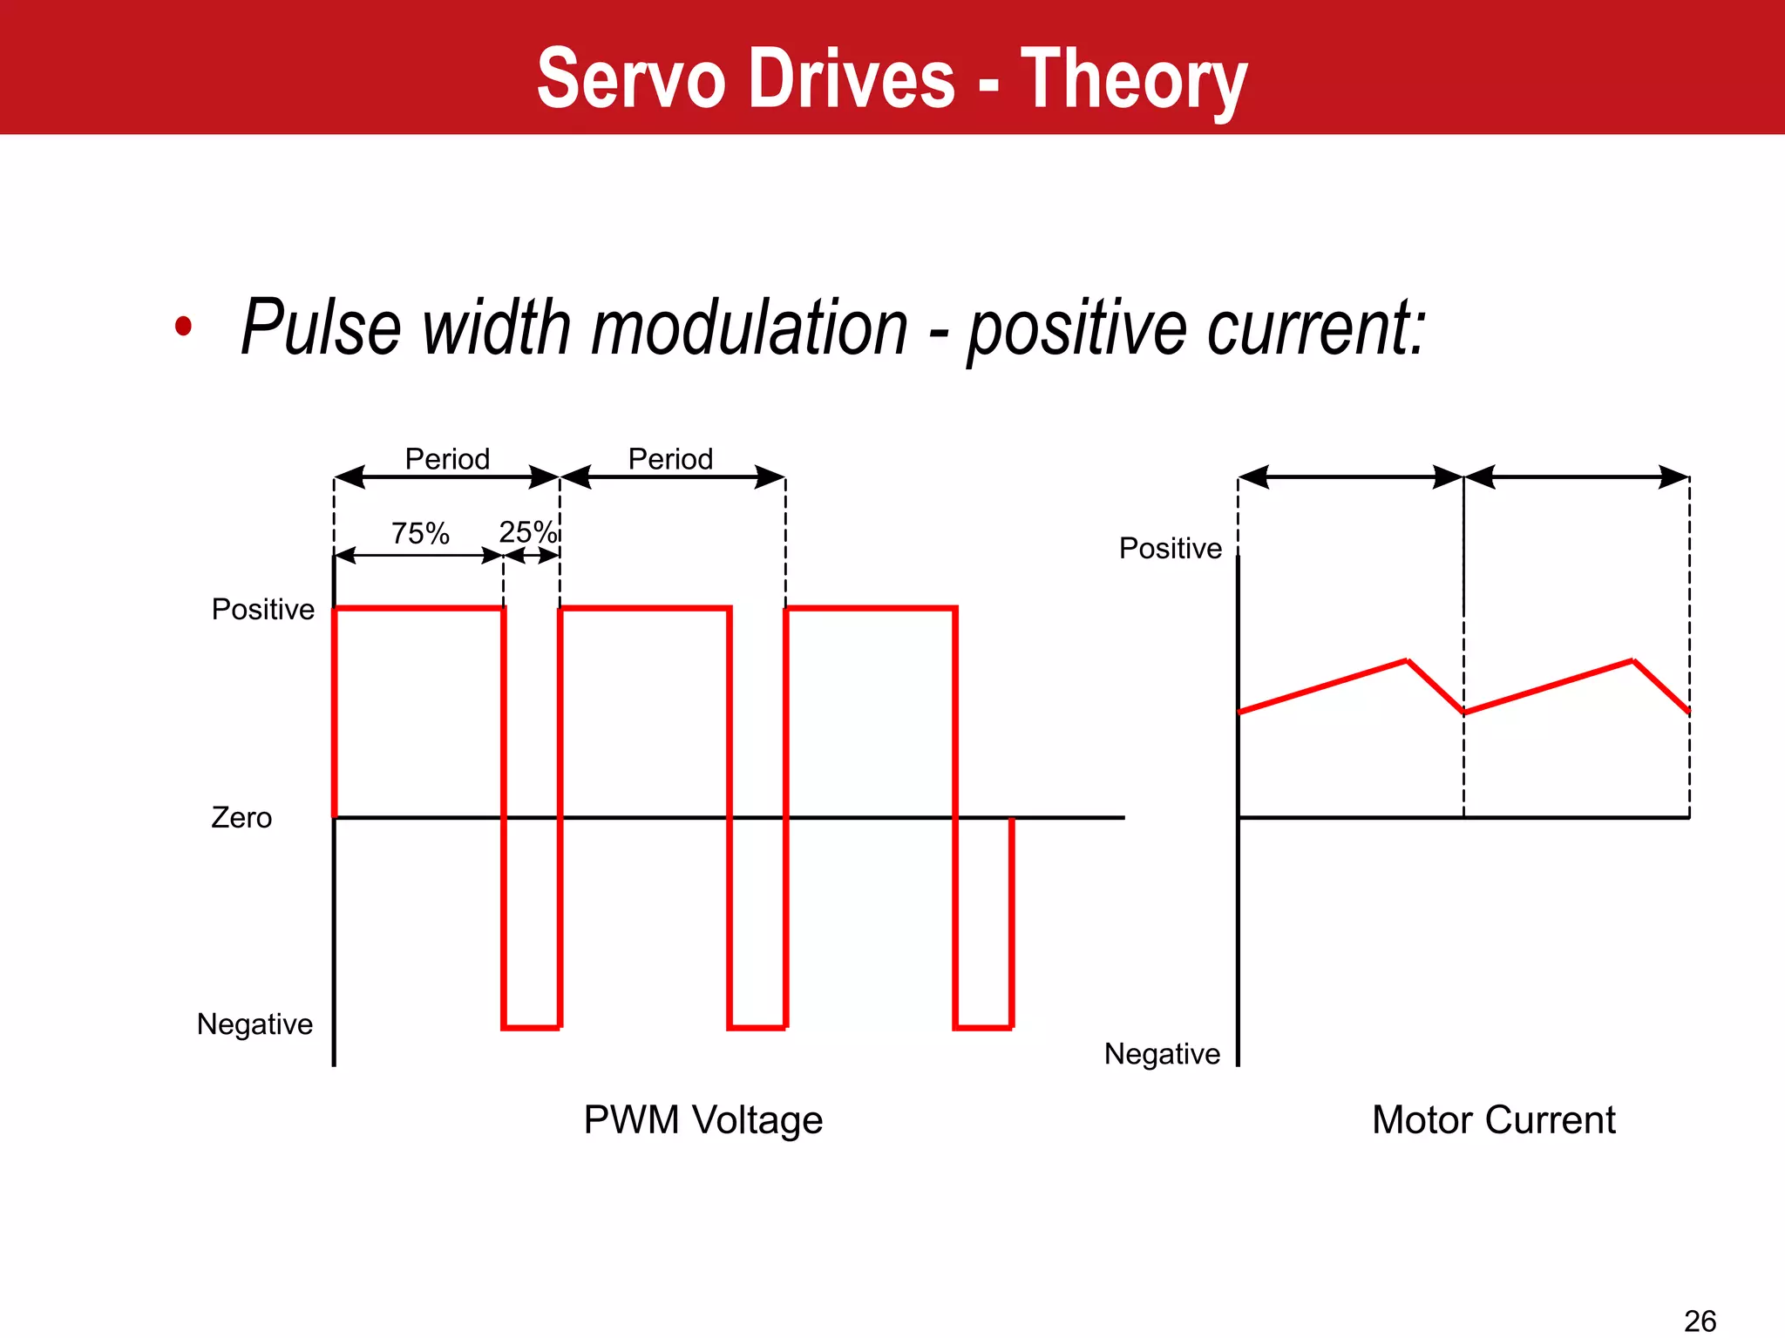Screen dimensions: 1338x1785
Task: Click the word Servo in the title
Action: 631,80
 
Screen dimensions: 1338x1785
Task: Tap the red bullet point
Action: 183,327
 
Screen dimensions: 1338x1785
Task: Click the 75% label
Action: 420,533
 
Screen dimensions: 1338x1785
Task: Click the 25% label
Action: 527,531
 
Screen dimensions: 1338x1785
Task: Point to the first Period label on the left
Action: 447,459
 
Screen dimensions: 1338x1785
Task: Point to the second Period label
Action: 670,459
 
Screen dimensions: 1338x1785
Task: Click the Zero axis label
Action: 241,818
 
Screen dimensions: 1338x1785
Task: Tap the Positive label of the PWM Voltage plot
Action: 262,609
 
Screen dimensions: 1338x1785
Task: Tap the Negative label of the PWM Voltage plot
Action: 255,1024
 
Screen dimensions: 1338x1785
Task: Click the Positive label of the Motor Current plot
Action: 1170,548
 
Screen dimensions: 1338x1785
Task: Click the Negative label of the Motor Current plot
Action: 1162,1054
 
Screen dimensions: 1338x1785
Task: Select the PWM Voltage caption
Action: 702,1120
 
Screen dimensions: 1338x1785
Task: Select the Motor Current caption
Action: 1493,1120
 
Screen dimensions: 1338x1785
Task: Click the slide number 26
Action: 1700,1321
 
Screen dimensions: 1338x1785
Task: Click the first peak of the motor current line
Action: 1408,661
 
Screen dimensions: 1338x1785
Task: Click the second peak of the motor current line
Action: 1632,661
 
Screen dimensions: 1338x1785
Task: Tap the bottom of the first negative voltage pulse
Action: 531,1028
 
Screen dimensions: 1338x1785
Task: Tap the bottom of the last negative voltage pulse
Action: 983,1028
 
